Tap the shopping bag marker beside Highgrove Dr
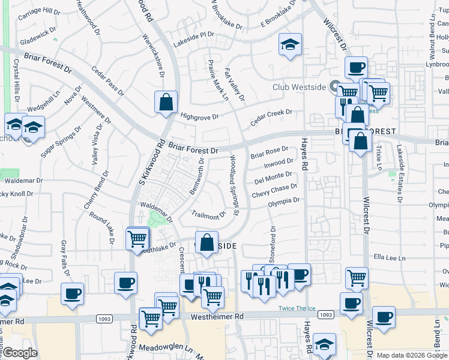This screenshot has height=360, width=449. [x=166, y=102]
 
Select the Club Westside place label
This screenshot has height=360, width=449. [x=299, y=87]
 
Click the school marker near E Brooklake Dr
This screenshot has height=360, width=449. [x=290, y=46]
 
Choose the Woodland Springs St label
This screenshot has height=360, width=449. [x=234, y=185]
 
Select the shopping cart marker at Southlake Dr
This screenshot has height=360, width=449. [x=137, y=238]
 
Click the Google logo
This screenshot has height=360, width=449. [x=19, y=353]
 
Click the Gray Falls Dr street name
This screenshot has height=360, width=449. [x=63, y=255]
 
